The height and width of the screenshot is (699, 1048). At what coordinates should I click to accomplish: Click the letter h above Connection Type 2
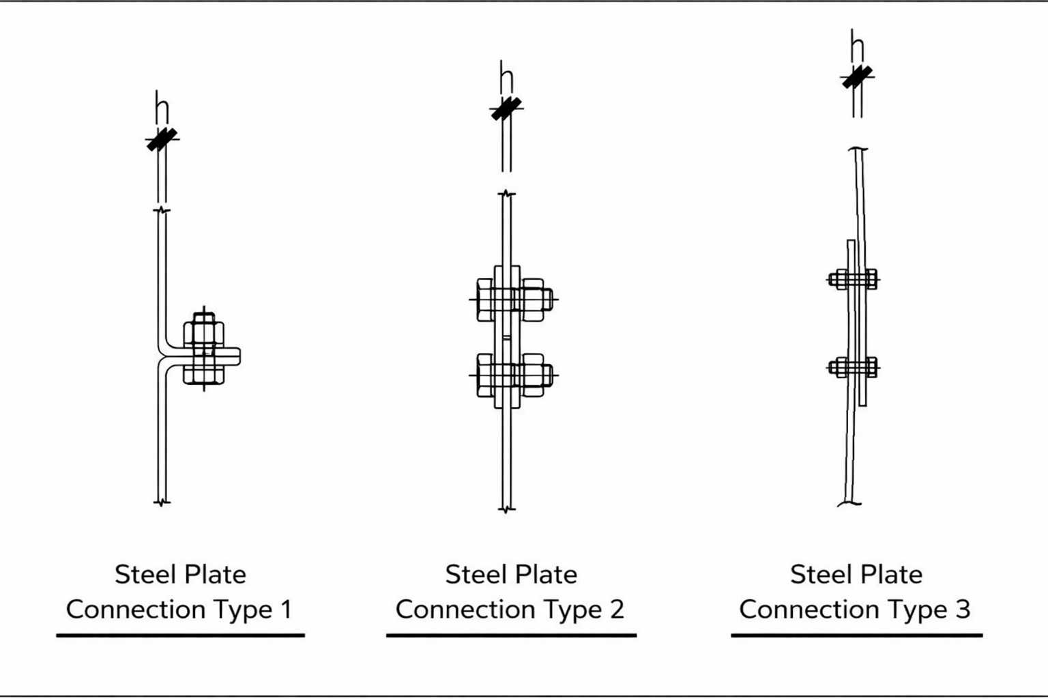click(506, 77)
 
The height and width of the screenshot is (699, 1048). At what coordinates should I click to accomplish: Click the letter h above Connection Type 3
click(857, 46)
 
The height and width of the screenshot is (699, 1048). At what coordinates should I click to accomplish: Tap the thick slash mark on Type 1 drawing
click(162, 139)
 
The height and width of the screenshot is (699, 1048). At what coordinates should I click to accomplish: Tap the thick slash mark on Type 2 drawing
click(506, 109)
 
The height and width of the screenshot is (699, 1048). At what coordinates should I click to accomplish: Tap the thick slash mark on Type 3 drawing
click(857, 76)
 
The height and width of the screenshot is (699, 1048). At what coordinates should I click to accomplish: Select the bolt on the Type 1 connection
click(203, 354)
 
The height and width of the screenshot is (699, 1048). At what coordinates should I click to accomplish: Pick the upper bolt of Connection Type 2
click(513, 299)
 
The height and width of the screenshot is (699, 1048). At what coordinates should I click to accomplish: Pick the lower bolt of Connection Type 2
click(513, 375)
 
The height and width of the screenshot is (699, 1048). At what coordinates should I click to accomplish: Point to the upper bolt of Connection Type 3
click(853, 279)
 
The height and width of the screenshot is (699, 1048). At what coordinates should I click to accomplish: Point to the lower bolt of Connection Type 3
click(853, 367)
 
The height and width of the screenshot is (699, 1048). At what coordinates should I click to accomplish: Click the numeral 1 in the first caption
click(286, 609)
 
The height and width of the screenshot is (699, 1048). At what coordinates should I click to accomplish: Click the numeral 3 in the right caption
click(962, 609)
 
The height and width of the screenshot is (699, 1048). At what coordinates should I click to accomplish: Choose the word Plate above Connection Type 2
click(544, 574)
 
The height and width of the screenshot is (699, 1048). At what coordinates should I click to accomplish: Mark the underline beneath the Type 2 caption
click(511, 635)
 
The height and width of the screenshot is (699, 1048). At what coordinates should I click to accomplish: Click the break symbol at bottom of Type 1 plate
click(162, 503)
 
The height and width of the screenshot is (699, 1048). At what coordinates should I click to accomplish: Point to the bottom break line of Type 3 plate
click(849, 504)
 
